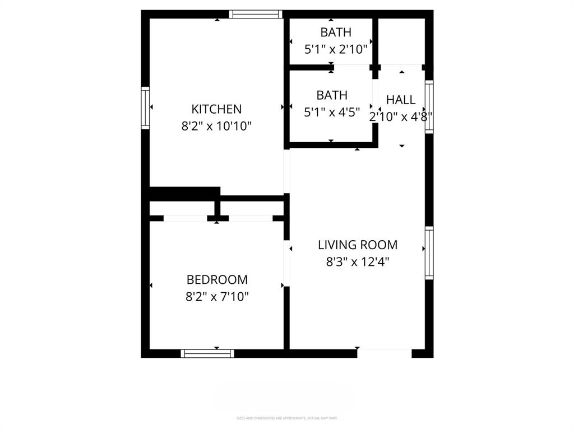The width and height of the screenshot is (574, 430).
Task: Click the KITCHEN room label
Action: point(216,109)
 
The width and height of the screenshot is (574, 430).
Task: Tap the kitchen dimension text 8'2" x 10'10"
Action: point(216,127)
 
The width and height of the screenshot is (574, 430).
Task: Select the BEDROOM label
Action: point(217,279)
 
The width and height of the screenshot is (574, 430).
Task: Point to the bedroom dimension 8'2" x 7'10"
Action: point(217,297)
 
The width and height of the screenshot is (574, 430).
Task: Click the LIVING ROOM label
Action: point(358,245)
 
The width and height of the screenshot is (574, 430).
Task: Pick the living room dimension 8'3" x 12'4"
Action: point(358,261)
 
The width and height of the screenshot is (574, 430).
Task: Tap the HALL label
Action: point(401,100)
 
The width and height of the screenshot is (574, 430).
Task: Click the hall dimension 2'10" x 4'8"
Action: point(400,116)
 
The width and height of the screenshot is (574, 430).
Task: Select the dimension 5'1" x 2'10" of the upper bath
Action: point(336,49)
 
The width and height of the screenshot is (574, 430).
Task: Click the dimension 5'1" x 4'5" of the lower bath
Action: point(332,112)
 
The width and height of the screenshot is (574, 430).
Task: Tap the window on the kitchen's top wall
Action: point(254,15)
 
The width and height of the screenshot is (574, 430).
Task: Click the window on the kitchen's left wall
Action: point(145,108)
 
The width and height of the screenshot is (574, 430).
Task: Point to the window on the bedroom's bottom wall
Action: point(207,353)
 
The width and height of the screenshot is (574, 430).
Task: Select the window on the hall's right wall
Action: point(429,106)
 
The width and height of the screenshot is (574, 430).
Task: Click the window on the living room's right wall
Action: point(429,253)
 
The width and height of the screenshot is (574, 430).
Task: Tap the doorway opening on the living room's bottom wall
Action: point(385,353)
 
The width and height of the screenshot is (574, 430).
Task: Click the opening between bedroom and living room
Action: point(286,263)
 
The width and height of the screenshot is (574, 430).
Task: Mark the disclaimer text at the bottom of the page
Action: point(286,418)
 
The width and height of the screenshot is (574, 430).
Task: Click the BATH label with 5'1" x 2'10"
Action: point(336,32)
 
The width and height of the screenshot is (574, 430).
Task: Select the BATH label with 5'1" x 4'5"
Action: point(332,95)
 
